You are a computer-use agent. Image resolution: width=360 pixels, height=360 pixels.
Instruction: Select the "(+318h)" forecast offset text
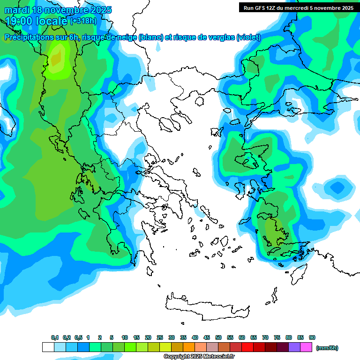[x=83, y=21]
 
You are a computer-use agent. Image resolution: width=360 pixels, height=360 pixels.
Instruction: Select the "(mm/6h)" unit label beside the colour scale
[x=327, y=348]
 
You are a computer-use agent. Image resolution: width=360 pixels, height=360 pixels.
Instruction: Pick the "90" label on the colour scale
[x=312, y=338]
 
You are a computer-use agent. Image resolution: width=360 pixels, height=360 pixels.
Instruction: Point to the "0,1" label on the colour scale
[x=55, y=338]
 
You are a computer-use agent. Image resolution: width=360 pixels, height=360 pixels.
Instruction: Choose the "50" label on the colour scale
[x=218, y=338]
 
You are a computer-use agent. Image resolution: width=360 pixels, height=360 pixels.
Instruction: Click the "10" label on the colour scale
[x=125, y=338]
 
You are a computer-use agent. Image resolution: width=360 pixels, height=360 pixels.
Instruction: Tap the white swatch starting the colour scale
[x=48, y=347]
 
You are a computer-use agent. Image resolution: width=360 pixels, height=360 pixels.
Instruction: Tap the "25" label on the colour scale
[x=160, y=338]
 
